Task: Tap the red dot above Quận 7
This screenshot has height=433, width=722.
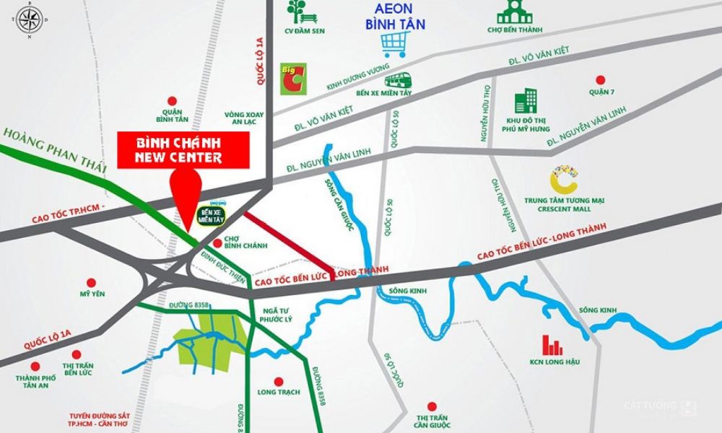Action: [599, 80]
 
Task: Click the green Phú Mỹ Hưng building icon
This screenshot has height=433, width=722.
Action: [526, 102]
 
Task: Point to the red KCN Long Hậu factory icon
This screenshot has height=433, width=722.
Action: [554, 345]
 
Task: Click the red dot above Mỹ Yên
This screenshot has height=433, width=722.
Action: [90, 282]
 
